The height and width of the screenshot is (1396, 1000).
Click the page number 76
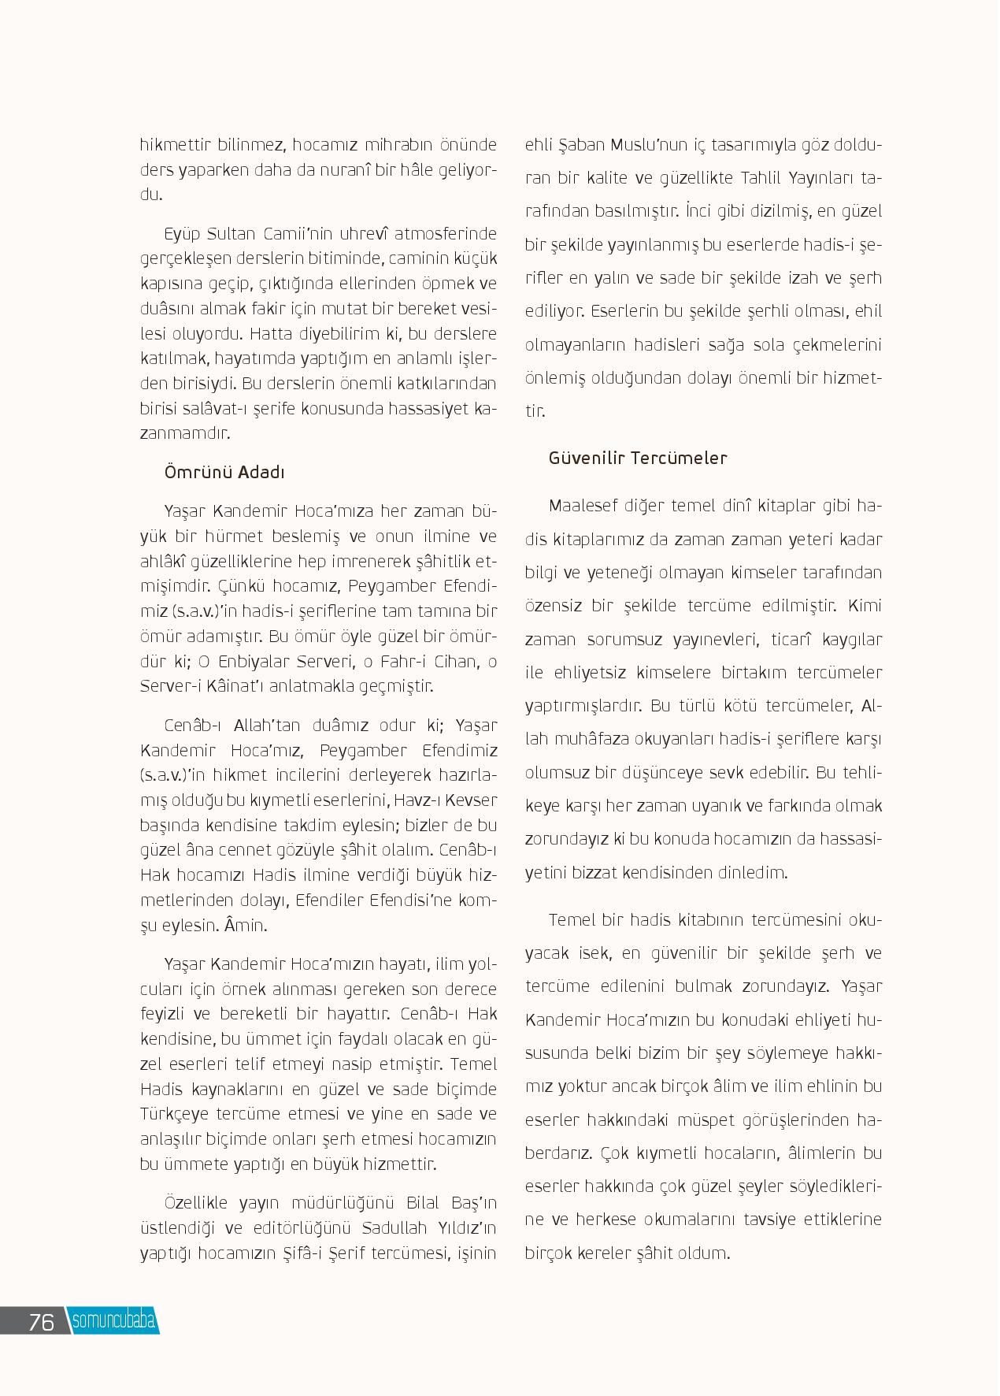pos(41,1321)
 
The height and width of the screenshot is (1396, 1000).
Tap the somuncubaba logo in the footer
pos(113,1321)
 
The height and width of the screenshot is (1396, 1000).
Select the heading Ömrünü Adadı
pos(224,472)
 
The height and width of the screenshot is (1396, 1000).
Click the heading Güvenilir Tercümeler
pos(638,458)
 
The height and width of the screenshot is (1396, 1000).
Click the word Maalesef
pos(583,505)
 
